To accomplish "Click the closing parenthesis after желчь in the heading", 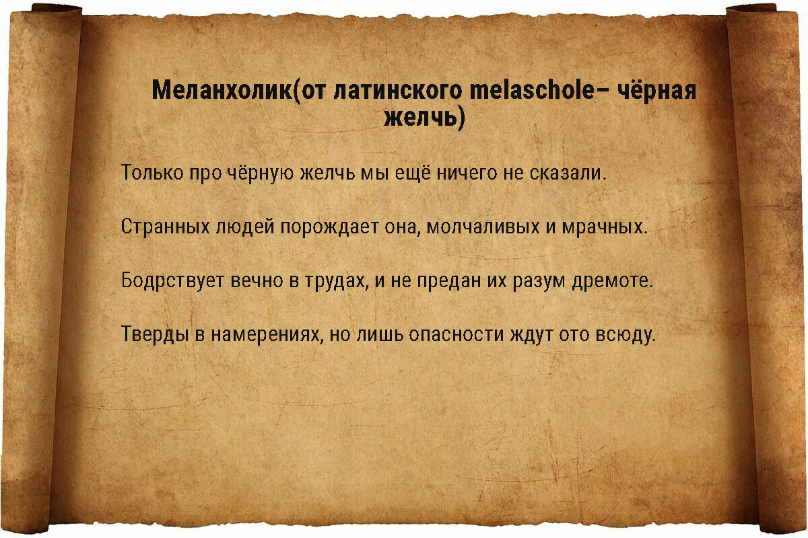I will coord(460,119).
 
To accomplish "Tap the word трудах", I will coord(337,280).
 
